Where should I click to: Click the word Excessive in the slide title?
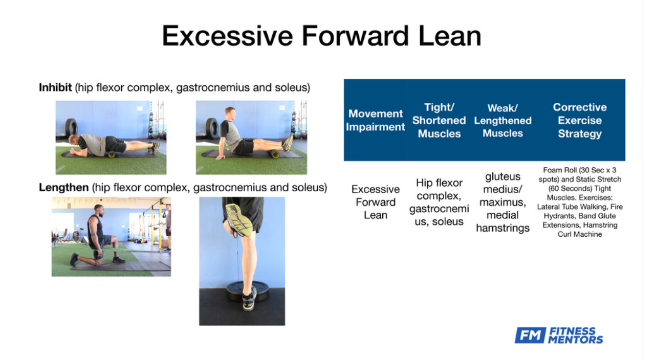pyautogui.click(x=228, y=36)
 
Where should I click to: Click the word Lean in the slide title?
pyautogui.click(x=450, y=36)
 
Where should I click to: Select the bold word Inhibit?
pyautogui.click(x=55, y=87)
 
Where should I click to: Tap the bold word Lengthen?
pyautogui.click(x=64, y=187)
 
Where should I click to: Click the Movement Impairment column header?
pyautogui.click(x=376, y=120)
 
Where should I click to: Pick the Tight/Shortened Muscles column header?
pyautogui.click(x=439, y=120)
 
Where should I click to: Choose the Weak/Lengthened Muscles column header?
pyautogui.click(x=503, y=120)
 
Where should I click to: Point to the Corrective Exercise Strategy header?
pyautogui.click(x=580, y=120)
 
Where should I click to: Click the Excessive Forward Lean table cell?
pyautogui.click(x=376, y=202)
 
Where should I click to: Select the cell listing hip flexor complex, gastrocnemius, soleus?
pyautogui.click(x=439, y=202)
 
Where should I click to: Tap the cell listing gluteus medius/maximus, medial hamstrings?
pyautogui.click(x=503, y=202)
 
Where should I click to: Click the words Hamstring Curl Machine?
pyautogui.click(x=580, y=230)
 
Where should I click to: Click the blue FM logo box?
pyautogui.click(x=530, y=335)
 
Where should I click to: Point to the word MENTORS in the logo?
pyautogui.click(x=576, y=340)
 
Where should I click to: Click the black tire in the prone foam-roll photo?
pyautogui.click(x=71, y=127)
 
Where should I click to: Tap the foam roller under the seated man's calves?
pyautogui.click(x=274, y=154)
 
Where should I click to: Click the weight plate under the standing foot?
pyautogui.click(x=248, y=291)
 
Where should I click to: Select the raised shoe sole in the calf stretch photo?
pyautogui.click(x=238, y=219)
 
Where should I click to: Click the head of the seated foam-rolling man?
pyautogui.click(x=230, y=114)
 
